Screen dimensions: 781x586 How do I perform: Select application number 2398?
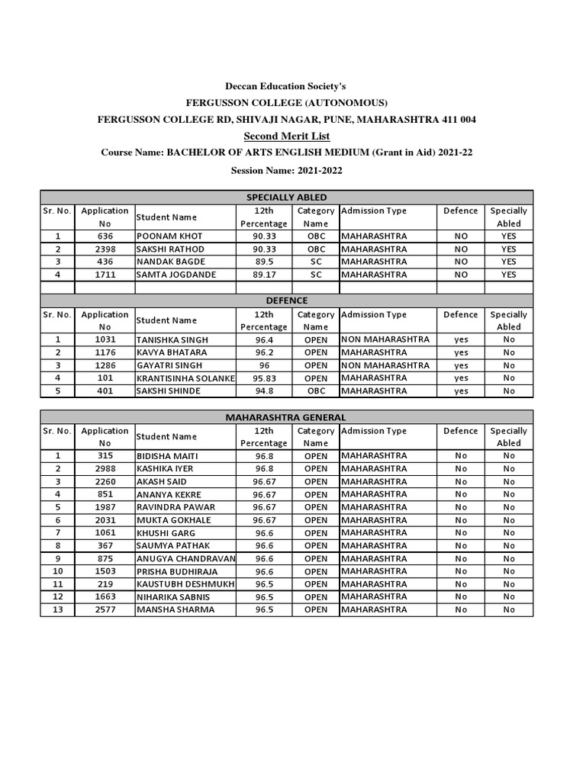(x=105, y=249)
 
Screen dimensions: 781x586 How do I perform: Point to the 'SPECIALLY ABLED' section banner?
(x=287, y=198)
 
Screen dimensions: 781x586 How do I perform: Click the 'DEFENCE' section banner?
(x=287, y=301)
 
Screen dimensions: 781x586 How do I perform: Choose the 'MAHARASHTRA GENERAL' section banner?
(x=287, y=417)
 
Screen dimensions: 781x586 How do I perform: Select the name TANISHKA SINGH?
(x=172, y=340)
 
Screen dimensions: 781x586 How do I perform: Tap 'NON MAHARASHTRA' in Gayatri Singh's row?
(x=385, y=365)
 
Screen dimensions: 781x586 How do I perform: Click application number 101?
(x=105, y=378)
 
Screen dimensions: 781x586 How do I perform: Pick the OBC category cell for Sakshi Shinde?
(x=316, y=391)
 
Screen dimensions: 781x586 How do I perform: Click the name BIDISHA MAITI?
(x=167, y=456)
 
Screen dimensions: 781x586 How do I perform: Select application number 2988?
(x=105, y=469)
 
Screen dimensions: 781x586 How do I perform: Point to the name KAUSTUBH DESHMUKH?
(x=185, y=584)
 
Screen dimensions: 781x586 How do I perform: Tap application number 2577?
(x=105, y=609)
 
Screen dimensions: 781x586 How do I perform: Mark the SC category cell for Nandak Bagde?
(x=316, y=262)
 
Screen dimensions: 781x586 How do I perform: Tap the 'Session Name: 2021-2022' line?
(x=287, y=170)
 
